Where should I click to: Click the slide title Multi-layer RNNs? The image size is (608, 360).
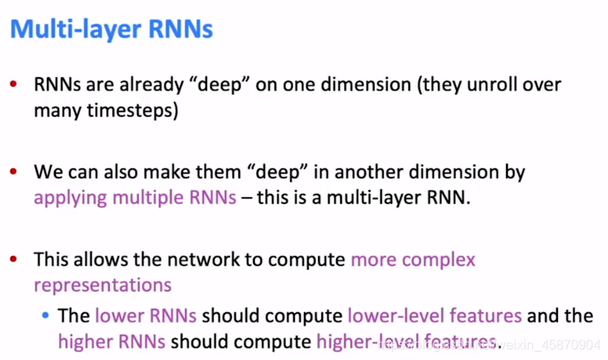click(x=111, y=30)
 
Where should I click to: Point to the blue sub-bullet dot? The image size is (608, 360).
click(x=46, y=315)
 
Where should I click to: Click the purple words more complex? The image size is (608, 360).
click(x=413, y=260)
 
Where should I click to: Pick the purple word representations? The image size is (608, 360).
click(x=103, y=285)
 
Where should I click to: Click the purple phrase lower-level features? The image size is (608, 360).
click(x=435, y=315)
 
